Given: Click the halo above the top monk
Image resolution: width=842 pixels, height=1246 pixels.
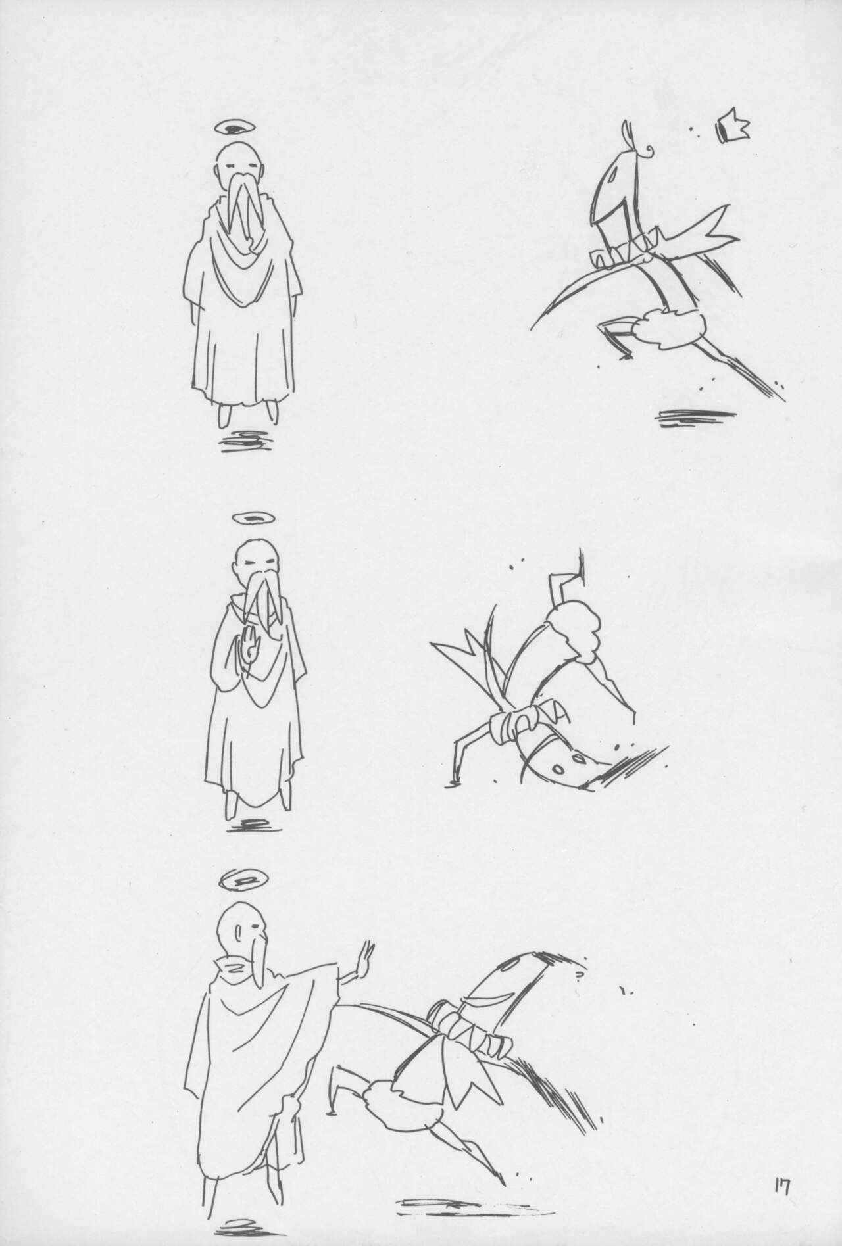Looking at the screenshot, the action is pos(238,127).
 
